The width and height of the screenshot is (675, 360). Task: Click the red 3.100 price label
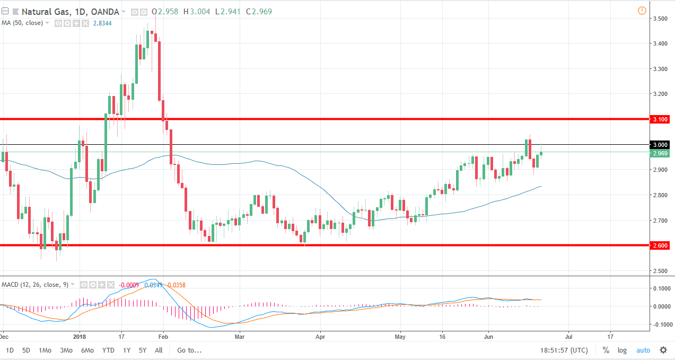pyautogui.click(x=660, y=119)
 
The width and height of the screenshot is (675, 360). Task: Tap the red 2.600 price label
pyautogui.click(x=660, y=245)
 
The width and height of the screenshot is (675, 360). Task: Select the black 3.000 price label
pyautogui.click(x=660, y=145)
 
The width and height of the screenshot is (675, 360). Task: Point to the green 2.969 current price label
pyautogui.click(x=660, y=153)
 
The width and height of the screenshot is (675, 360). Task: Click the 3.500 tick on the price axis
pyautogui.click(x=660, y=19)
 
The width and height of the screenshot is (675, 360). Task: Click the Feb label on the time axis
pyautogui.click(x=163, y=336)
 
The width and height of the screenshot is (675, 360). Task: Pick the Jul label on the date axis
pyautogui.click(x=568, y=336)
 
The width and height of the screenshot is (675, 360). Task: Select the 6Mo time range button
pyautogui.click(x=87, y=350)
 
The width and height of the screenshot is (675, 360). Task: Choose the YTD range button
pyautogui.click(x=108, y=350)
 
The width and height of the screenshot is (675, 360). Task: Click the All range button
pyautogui.click(x=159, y=350)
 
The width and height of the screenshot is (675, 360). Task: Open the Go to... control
pyautogui.click(x=190, y=350)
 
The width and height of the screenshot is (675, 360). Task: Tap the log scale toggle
pyautogui.click(x=622, y=350)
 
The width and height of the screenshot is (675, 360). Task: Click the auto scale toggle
pyautogui.click(x=643, y=350)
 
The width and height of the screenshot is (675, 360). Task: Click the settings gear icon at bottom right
pyautogui.click(x=663, y=350)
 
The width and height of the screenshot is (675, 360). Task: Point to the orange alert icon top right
pyautogui.click(x=642, y=11)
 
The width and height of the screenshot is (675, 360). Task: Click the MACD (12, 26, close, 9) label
pyautogui.click(x=35, y=285)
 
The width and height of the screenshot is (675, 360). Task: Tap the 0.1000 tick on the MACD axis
pyautogui.click(x=660, y=288)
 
